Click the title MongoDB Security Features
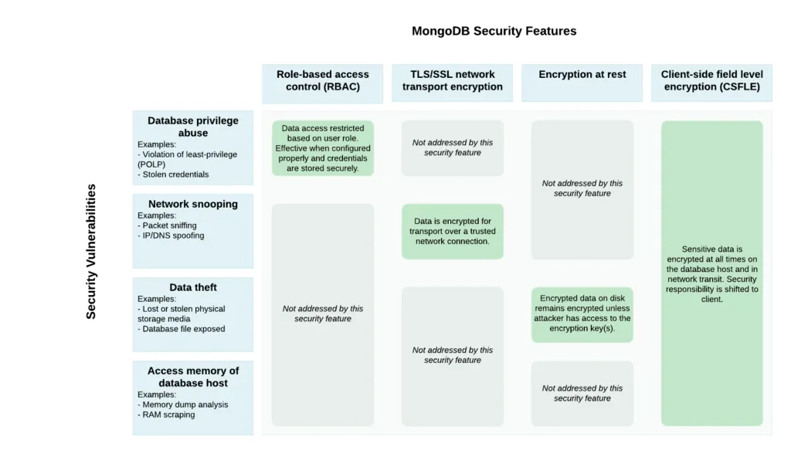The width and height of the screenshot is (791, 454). tap(494, 31)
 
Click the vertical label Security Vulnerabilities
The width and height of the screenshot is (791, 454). tap(91, 251)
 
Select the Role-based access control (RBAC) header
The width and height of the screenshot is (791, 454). tap(322, 80)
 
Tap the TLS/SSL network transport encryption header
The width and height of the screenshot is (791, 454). tap(452, 80)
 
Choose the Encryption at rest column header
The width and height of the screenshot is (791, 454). tap(582, 75)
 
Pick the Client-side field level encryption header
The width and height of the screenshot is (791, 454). tap(711, 80)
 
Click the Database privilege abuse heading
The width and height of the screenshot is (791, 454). tap(192, 127)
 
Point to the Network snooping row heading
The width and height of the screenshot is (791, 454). tap(192, 204)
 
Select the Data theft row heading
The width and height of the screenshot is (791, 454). tap(192, 287)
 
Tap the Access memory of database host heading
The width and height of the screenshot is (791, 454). tap(192, 377)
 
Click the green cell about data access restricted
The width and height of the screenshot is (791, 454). tap(322, 148)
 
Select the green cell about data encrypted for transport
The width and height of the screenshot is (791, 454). tap(452, 231)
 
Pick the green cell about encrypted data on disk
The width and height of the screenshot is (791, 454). tap(582, 313)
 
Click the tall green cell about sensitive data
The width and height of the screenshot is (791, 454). tap(711, 273)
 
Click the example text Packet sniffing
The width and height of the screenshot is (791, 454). tap(169, 225)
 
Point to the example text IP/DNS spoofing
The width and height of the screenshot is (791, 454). tap(173, 235)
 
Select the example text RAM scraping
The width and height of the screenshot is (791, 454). tap(168, 415)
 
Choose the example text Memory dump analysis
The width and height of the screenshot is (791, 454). tap(185, 405)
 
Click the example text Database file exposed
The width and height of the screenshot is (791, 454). tap(183, 329)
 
